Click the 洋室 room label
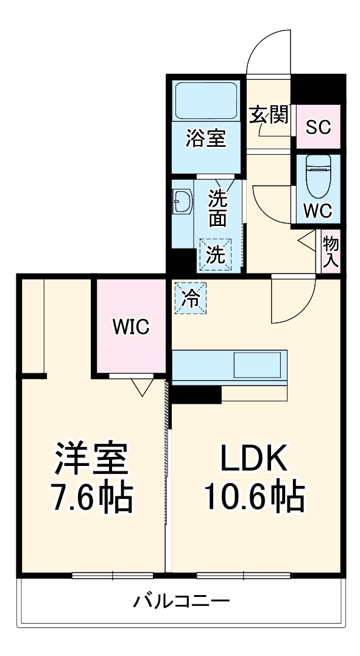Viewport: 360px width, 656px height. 93,460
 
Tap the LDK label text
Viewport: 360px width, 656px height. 254,460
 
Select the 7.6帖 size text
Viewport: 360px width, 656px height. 93,498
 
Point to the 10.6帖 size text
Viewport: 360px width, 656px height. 254,498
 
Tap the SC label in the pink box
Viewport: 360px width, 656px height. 317,127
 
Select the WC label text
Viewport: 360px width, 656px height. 317,211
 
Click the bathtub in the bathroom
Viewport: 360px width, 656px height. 206,100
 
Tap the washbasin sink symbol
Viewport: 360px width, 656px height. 183,201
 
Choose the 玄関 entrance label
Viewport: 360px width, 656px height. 269,115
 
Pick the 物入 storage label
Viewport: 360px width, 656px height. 331,252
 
